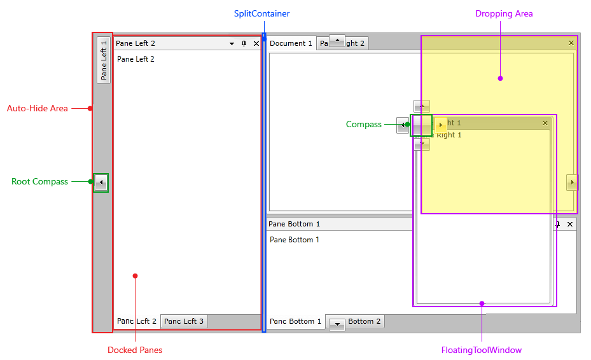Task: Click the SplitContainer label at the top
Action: (261, 13)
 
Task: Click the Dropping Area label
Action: (504, 13)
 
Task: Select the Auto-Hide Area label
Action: (38, 108)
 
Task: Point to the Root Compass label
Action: (39, 181)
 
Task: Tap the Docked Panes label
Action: (135, 350)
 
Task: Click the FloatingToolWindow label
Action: (482, 350)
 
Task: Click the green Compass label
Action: (364, 124)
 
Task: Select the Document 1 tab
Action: (291, 43)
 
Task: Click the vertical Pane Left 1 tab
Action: (104, 60)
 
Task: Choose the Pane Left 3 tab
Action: (184, 321)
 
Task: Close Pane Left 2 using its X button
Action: (256, 44)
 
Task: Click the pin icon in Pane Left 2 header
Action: (244, 44)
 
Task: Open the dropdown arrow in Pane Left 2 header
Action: (232, 44)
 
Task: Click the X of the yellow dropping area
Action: (571, 43)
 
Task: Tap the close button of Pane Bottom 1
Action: (570, 224)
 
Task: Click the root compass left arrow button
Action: (101, 183)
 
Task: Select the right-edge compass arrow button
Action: (572, 183)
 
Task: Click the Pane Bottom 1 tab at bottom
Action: (295, 321)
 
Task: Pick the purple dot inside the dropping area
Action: (500, 78)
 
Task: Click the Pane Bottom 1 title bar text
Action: (294, 224)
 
